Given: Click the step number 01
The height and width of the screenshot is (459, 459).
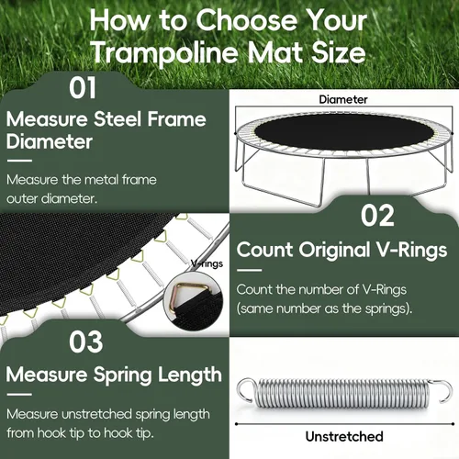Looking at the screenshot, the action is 83,88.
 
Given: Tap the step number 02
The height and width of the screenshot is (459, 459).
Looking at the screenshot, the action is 377,216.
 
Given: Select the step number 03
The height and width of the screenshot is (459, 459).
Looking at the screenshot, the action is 85,341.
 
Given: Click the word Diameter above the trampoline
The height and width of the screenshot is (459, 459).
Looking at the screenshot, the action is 343,99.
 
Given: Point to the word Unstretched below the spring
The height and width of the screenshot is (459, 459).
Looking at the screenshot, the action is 344,436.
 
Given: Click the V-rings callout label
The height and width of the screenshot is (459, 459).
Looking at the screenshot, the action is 207,263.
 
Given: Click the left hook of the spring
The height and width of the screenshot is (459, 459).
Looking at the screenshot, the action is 246,390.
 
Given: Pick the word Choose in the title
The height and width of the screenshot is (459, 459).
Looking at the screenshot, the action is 246,20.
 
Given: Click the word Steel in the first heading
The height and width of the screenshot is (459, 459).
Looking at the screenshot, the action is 118,118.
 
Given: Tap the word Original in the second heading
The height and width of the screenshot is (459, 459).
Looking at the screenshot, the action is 334,251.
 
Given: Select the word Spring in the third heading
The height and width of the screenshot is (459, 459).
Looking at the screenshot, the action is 122,375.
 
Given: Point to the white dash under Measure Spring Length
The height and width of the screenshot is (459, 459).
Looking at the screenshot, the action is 19,395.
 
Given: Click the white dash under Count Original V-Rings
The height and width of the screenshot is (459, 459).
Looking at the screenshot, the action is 249,270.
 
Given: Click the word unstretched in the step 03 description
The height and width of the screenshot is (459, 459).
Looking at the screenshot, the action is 96,414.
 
